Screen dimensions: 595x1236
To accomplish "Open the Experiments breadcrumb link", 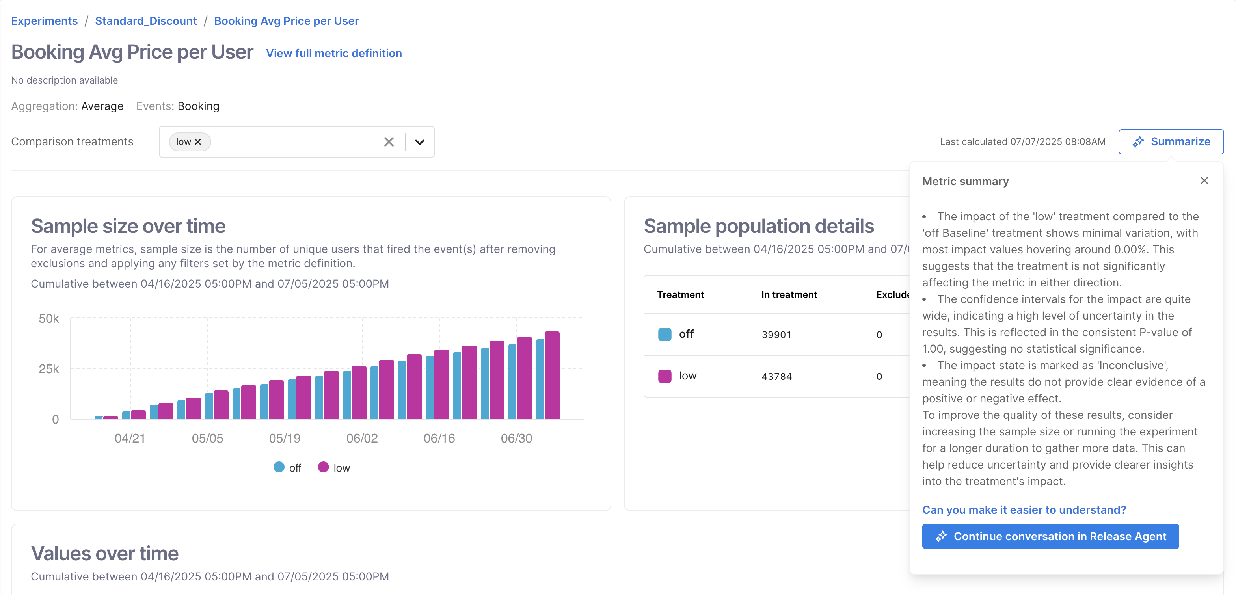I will (x=44, y=21).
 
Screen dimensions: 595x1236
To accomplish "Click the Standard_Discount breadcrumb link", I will (x=146, y=21).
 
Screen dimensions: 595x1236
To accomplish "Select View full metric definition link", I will (x=334, y=53).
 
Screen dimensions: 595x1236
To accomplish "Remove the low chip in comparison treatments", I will (x=198, y=142).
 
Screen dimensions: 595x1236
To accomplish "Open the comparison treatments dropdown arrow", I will (x=420, y=142).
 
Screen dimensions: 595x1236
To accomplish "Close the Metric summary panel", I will (x=1204, y=181).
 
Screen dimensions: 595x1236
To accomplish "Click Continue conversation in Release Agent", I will (x=1050, y=536).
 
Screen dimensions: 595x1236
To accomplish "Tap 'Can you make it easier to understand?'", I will (x=1024, y=509).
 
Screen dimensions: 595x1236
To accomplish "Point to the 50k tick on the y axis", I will (x=49, y=319).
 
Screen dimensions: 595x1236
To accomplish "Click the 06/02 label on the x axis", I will (x=362, y=438).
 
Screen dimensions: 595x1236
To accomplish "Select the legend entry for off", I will (x=287, y=468).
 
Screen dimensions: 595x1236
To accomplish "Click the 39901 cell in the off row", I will (x=776, y=335).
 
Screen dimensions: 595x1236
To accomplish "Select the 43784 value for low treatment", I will (x=776, y=376).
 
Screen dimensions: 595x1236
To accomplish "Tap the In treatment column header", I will (x=789, y=295).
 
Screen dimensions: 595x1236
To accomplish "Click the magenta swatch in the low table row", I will (x=665, y=376).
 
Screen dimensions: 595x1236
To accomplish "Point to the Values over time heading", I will (x=104, y=553).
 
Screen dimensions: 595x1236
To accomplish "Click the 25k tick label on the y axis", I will (x=49, y=369).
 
